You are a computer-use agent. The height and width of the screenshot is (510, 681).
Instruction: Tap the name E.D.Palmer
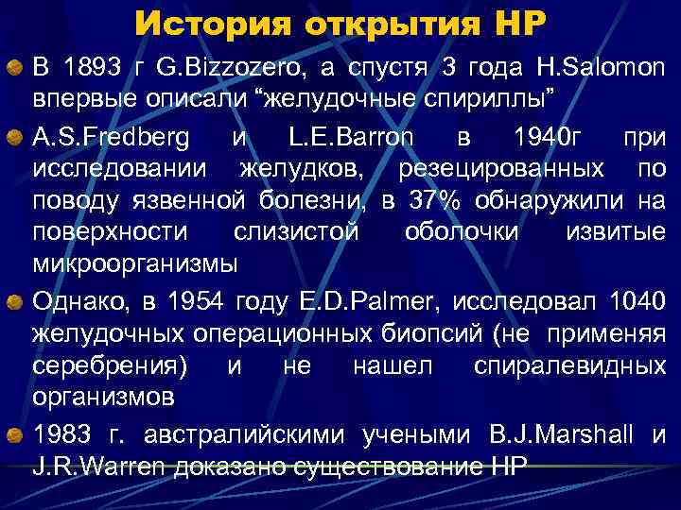tap(378, 301)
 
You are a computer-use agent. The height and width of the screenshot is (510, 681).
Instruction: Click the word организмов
tap(104, 396)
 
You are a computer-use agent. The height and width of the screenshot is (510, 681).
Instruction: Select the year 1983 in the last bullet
tap(65, 434)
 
